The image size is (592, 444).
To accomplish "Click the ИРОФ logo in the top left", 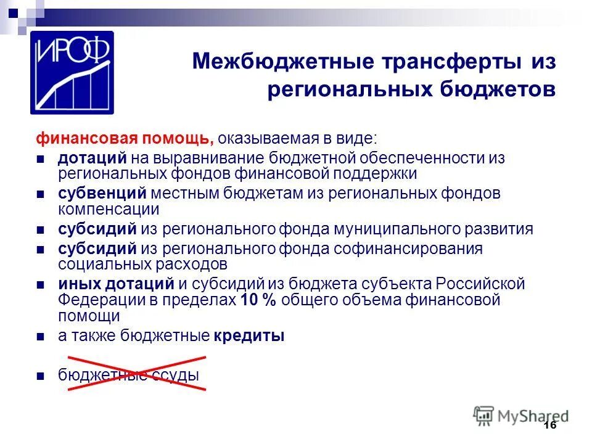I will click(72, 72).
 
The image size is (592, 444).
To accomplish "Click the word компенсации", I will click(109, 209).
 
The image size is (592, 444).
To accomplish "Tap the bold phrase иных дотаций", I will click(116, 284).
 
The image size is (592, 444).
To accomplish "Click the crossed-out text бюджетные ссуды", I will click(129, 374).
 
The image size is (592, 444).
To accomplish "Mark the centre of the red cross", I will click(137, 372).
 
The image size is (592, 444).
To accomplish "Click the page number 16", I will click(551, 426).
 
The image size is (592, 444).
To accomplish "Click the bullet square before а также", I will click(39, 337).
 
